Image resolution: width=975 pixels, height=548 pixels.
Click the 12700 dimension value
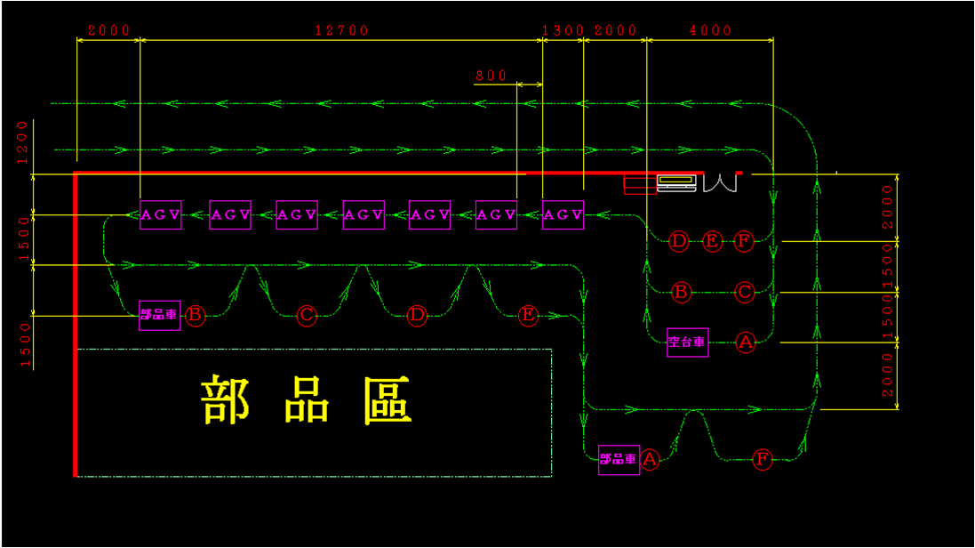coord(341,30)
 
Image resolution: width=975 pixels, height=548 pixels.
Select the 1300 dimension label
coord(563,30)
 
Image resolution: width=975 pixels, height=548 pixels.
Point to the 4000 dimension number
coord(711,30)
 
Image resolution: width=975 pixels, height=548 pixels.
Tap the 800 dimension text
coord(491,76)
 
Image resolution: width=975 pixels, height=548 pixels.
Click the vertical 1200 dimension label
coord(21,142)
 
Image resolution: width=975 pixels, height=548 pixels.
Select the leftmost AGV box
coord(161,215)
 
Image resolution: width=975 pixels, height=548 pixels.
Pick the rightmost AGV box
coord(563,215)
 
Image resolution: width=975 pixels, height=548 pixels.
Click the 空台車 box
coord(688,342)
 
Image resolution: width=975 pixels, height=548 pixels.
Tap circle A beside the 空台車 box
coord(745,342)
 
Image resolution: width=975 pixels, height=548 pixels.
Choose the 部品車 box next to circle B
coord(160,315)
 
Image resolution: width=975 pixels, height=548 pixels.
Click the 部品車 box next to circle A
coord(619,459)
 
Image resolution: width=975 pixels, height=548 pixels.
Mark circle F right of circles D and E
coord(745,241)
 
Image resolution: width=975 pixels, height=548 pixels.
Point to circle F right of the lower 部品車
coord(762,459)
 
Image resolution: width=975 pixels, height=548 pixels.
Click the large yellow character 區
coord(387,401)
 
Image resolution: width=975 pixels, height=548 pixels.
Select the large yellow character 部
coord(226,401)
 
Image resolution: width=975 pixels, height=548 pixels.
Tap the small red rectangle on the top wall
coord(639,184)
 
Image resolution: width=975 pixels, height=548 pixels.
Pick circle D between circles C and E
coord(417,315)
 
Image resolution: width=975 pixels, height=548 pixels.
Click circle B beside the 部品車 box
coord(195,315)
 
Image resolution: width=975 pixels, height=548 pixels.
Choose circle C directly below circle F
coord(745,292)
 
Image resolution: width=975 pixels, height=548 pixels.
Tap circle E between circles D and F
coord(712,241)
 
